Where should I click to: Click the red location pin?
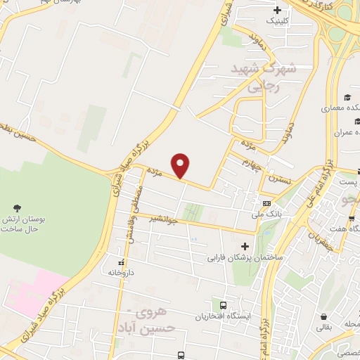click(181, 165)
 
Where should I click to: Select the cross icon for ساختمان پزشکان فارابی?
click(245, 246)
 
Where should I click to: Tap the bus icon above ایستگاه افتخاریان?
click(224, 305)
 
